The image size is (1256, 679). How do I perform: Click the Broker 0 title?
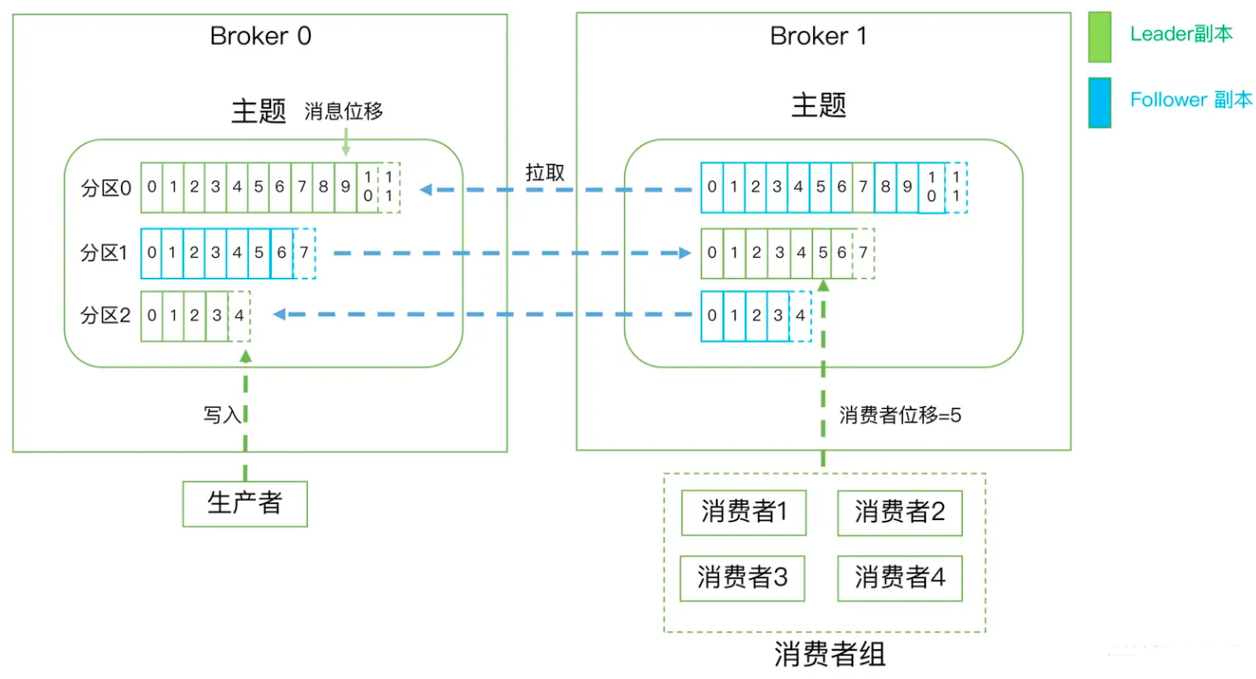[260, 36]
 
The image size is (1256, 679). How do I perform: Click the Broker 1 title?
[818, 36]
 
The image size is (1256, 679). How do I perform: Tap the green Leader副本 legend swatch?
[1099, 37]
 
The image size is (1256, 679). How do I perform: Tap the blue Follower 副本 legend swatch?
[1099, 102]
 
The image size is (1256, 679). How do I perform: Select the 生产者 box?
[244, 503]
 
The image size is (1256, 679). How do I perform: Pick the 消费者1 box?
[743, 513]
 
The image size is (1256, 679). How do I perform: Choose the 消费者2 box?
[899, 513]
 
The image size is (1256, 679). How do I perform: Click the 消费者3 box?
[743, 578]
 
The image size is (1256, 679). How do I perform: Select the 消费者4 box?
[899, 578]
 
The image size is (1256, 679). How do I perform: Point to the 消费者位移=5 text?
[899, 416]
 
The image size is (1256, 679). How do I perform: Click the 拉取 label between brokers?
[544, 171]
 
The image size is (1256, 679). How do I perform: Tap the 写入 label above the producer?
[222, 415]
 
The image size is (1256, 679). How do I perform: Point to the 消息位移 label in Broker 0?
[343, 112]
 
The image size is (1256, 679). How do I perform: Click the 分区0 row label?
[105, 188]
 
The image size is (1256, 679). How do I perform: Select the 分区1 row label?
[105, 253]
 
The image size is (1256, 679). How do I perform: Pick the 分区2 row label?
[105, 315]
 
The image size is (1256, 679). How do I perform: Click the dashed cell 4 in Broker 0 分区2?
[238, 316]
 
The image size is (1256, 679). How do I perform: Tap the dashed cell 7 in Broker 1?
[863, 253]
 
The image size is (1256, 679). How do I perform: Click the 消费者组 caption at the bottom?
[829, 654]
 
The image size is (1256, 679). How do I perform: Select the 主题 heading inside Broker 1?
[818, 105]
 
